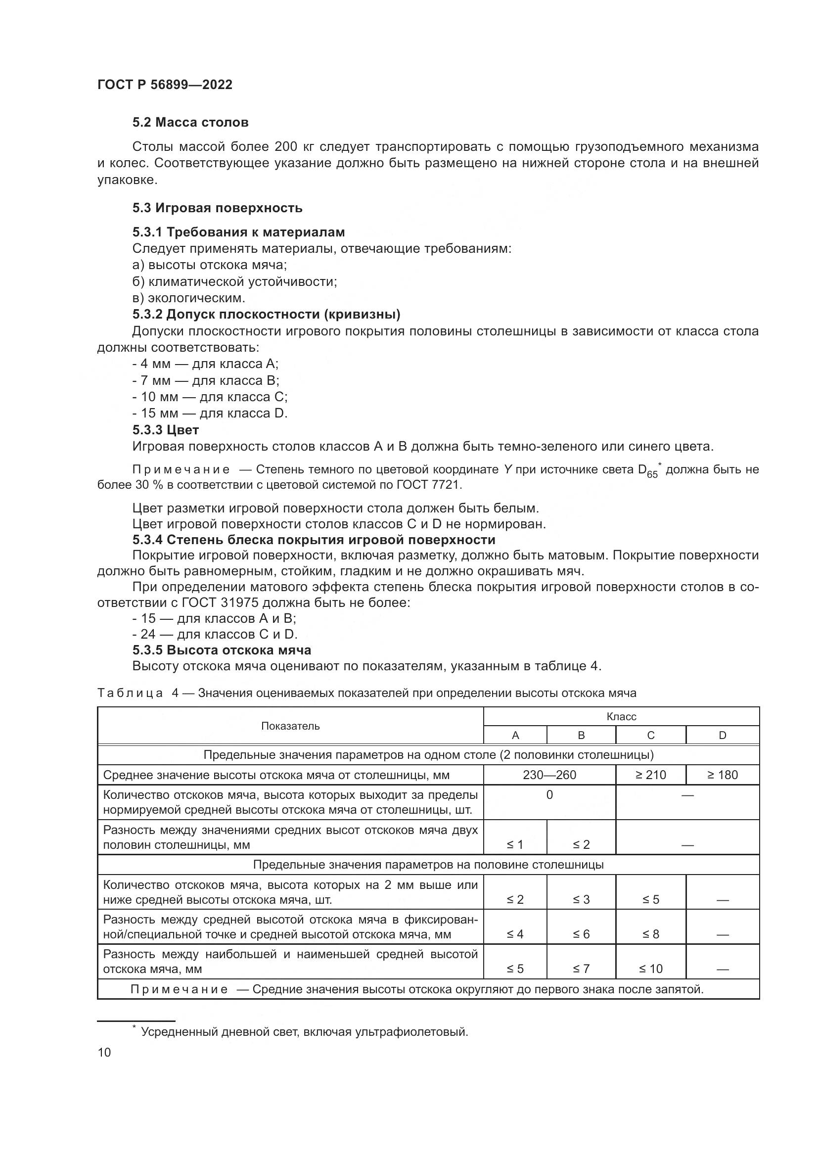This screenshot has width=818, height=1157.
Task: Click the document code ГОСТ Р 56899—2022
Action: pos(165,85)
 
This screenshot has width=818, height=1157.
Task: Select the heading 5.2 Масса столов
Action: pos(190,123)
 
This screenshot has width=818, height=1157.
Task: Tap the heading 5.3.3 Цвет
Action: pos(166,430)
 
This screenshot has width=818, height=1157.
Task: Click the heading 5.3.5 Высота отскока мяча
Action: pos(222,649)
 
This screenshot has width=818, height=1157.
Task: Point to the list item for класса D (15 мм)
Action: pos(210,413)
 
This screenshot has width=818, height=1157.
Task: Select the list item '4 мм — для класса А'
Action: pos(206,364)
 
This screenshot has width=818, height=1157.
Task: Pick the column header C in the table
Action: pos(650,735)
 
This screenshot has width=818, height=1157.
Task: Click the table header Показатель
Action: pos(290,726)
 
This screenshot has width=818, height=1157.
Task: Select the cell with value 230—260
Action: pos(549,775)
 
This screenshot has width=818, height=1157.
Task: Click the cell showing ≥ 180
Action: pos(722,775)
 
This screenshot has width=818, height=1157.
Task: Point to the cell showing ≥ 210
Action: pos(650,775)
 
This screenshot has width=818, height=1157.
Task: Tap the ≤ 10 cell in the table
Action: pos(650,968)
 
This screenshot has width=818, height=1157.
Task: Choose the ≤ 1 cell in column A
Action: pos(515,844)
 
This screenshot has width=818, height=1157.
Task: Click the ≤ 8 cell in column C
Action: pos(650,934)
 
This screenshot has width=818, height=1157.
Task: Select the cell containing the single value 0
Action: pos(549,795)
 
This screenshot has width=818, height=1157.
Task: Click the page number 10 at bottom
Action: pos(104,1052)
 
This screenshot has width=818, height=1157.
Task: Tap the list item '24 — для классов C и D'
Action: pos(215,634)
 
